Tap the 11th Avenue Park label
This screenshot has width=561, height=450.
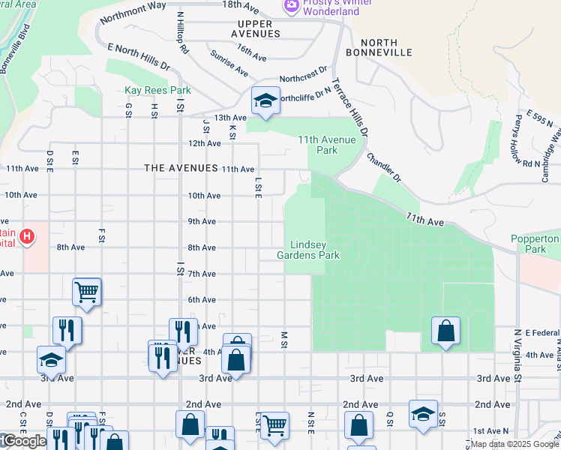(x=328, y=145)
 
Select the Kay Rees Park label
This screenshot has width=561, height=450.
(x=157, y=91)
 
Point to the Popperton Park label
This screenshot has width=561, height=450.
(x=542, y=244)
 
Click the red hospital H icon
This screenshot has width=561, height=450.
(x=28, y=238)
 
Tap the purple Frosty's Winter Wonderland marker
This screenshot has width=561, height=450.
(x=290, y=6)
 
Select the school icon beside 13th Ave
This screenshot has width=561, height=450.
(x=264, y=103)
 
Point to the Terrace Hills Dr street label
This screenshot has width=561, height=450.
(x=350, y=108)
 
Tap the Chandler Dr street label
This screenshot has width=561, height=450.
(x=384, y=168)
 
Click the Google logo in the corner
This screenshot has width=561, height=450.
(x=24, y=442)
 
